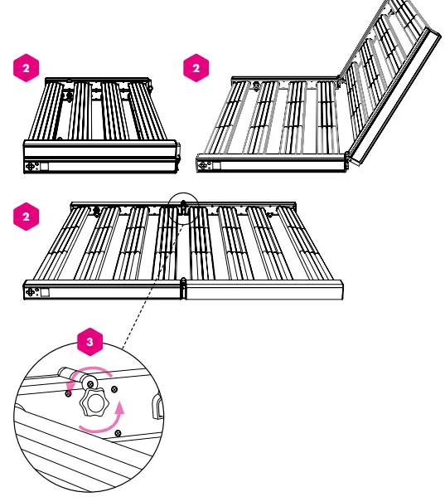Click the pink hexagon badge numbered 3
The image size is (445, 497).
click(x=89, y=342)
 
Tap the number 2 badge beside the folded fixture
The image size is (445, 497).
click(x=26, y=68)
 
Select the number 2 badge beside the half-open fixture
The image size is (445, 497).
click(x=196, y=68)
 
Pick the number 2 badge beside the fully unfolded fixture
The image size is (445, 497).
click(x=26, y=217)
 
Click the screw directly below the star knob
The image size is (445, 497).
click(x=118, y=433)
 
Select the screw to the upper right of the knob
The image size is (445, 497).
click(x=114, y=389)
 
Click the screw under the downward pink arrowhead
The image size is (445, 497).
click(x=68, y=393)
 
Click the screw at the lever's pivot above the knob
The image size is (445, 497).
click(x=90, y=384)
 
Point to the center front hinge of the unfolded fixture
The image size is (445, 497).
click(x=183, y=288)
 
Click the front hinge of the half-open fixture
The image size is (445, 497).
click(x=347, y=160)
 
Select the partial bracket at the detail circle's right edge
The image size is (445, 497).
click(x=157, y=406)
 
